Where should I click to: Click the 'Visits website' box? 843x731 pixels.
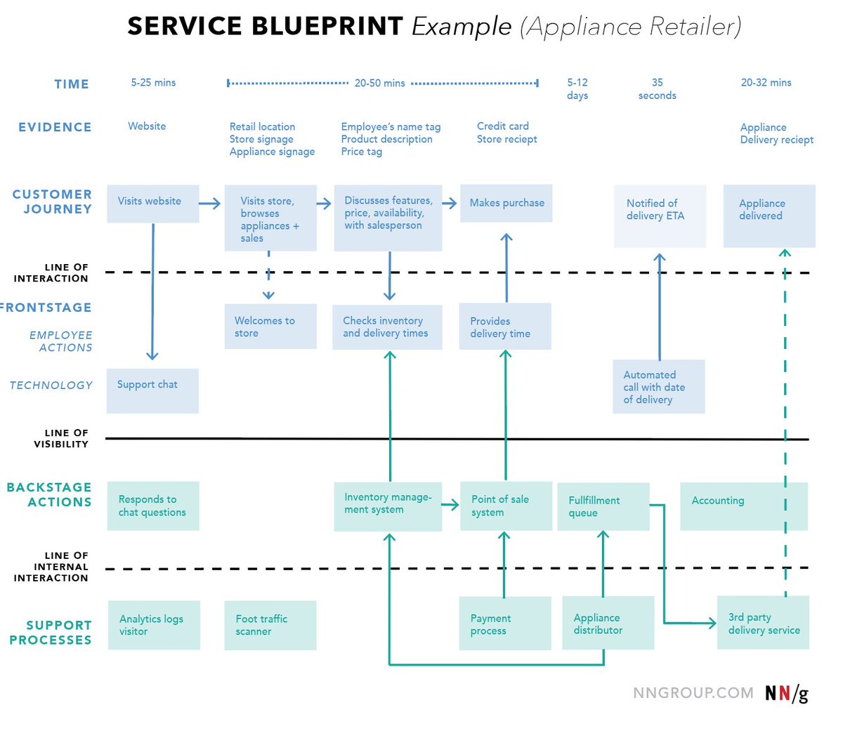click(152, 204)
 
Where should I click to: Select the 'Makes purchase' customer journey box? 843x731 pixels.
click(506, 203)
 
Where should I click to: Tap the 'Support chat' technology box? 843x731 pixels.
click(152, 390)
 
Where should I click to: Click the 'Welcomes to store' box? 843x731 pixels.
click(270, 327)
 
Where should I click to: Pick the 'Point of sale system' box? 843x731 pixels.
click(506, 506)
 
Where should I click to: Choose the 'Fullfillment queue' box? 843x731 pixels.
click(603, 506)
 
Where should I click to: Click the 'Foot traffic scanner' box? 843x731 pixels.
click(270, 625)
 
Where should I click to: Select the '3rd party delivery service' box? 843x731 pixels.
click(763, 623)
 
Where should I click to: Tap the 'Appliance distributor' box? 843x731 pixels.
click(608, 623)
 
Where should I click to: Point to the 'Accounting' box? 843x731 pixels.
click(743, 506)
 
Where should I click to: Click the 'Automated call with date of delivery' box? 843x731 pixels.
click(658, 387)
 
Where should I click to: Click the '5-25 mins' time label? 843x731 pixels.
click(153, 82)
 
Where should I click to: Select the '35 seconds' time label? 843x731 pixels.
click(657, 88)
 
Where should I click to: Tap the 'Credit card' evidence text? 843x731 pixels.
click(503, 126)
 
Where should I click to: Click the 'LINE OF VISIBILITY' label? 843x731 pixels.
click(61, 438)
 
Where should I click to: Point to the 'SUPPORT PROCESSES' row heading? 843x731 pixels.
click(51, 632)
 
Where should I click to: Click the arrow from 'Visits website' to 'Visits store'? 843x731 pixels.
click(210, 204)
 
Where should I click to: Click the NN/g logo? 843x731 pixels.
click(787, 693)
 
